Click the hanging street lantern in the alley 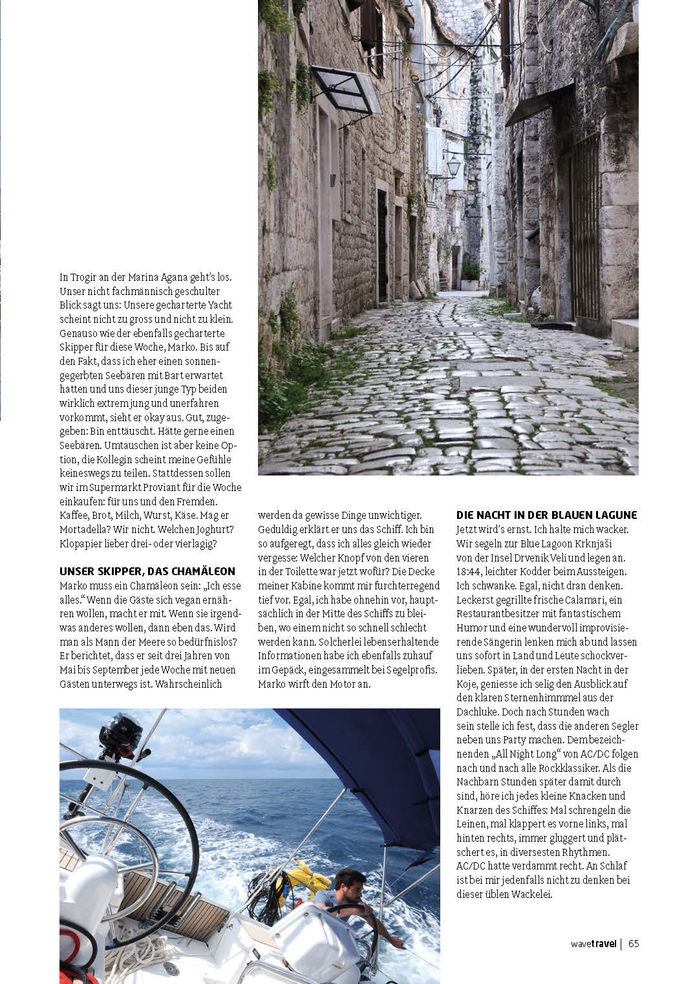[x=454, y=166]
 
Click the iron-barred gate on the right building [x=585, y=226]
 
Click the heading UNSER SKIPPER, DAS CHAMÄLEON [x=147, y=571]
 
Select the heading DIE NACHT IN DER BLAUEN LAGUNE [x=546, y=515]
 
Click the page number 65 [x=634, y=943]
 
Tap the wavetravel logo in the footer [x=593, y=943]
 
